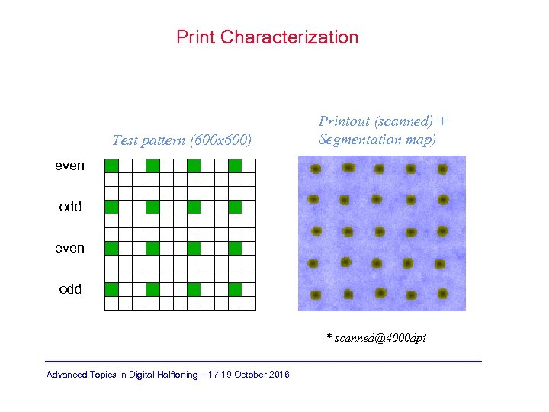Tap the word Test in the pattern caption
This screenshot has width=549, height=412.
click(x=125, y=140)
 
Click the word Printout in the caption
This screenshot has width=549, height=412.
click(x=345, y=121)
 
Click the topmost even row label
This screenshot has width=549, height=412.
click(x=69, y=166)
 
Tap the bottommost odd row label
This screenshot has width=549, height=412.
click(x=70, y=289)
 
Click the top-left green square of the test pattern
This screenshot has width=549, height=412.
click(x=111, y=166)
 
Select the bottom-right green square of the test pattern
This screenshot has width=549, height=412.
click(x=235, y=289)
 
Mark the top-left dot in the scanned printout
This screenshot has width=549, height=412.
click(x=315, y=169)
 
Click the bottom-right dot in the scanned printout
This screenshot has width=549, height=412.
click(x=441, y=295)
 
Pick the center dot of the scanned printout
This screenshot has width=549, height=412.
click(x=378, y=231)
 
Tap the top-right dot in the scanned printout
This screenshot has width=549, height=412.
click(x=442, y=169)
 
